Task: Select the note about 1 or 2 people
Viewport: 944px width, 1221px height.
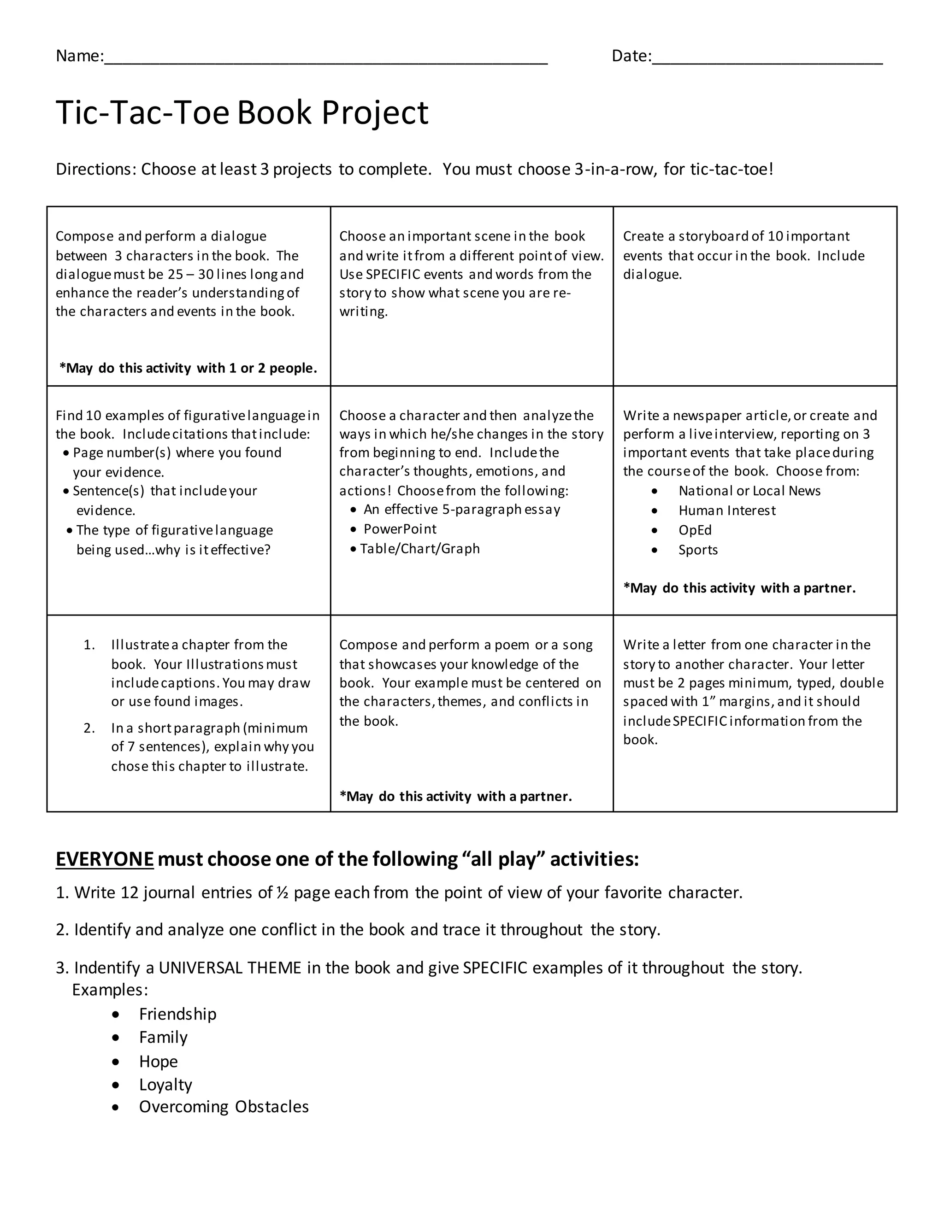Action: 189,368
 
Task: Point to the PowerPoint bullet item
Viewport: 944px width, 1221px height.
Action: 400,529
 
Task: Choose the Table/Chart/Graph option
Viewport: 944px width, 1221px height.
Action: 419,548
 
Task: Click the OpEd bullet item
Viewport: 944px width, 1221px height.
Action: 695,530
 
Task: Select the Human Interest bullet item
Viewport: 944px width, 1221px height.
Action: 726,511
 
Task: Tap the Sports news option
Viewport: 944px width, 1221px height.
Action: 697,550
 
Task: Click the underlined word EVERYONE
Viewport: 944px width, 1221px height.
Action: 105,859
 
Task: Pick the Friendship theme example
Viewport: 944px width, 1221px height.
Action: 177,1014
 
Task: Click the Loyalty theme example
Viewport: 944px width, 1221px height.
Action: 165,1084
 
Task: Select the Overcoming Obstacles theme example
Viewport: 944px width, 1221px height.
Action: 224,1106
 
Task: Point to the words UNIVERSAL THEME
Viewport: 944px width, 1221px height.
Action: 230,968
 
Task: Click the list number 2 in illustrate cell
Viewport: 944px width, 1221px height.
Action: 89,728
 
